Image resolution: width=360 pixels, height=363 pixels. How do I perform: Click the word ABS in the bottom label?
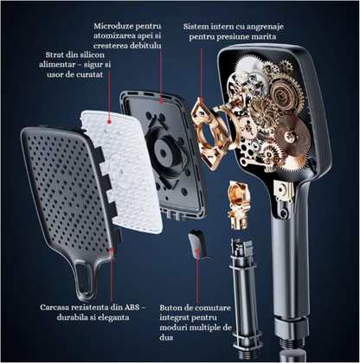[x=132, y=308]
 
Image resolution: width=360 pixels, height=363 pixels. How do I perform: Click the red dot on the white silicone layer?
[x=109, y=122]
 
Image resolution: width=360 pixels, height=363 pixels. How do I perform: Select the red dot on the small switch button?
[x=197, y=251]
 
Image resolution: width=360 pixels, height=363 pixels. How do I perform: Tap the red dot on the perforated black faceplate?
[x=112, y=250]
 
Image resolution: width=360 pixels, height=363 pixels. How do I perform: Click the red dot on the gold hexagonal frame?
[x=202, y=100]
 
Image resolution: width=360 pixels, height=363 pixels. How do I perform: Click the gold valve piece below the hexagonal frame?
[x=239, y=205]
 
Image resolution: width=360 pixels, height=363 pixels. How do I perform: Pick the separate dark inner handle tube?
[x=246, y=300]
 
